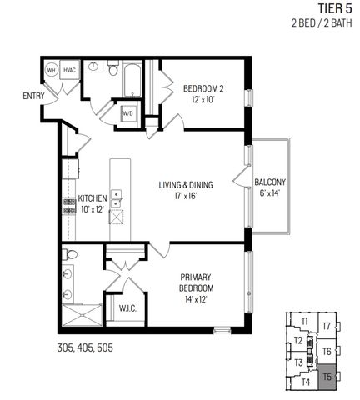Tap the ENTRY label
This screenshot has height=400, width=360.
34,97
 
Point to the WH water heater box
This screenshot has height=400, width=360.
51,71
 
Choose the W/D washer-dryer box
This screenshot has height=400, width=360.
129,113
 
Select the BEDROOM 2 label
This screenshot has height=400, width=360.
203,88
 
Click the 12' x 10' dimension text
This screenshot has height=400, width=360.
203,100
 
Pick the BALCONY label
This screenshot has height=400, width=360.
271,182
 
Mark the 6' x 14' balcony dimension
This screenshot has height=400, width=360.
271,194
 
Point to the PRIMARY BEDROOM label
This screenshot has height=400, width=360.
197,282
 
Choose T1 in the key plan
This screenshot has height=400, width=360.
306,321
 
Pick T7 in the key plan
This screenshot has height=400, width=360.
327,326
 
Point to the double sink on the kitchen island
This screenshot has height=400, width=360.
117,197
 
